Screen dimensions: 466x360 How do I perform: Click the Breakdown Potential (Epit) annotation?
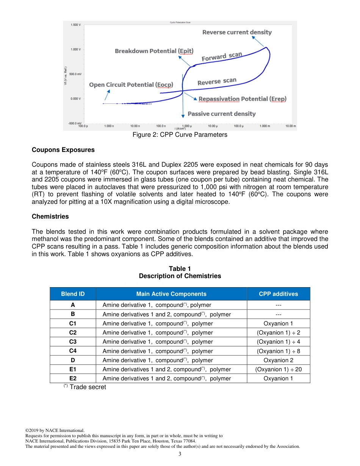(154, 51)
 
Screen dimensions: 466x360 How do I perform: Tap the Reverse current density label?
(237, 32)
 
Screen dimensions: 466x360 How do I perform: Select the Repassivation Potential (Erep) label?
(243, 99)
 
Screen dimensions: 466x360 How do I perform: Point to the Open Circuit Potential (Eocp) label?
(131, 84)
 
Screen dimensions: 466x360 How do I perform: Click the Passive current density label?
(222, 114)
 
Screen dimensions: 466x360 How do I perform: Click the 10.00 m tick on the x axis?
(291, 126)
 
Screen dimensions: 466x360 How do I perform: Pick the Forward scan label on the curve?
(221, 57)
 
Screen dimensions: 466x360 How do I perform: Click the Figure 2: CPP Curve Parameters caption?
(180, 135)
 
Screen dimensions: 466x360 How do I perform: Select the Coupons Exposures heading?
(63, 150)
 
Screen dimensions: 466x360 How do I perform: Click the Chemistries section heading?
(50, 216)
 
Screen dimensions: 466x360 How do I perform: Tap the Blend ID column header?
(73, 294)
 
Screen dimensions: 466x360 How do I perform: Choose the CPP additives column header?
(278, 294)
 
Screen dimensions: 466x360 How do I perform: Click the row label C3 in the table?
(73, 342)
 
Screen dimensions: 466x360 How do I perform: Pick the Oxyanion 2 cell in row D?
(278, 360)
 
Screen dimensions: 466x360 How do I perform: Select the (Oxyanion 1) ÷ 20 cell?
(278, 369)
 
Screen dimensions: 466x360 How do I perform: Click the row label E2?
(73, 378)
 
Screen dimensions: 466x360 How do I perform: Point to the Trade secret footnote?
(85, 387)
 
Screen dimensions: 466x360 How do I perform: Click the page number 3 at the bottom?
(180, 454)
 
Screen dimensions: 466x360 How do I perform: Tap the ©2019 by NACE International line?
(55, 430)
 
